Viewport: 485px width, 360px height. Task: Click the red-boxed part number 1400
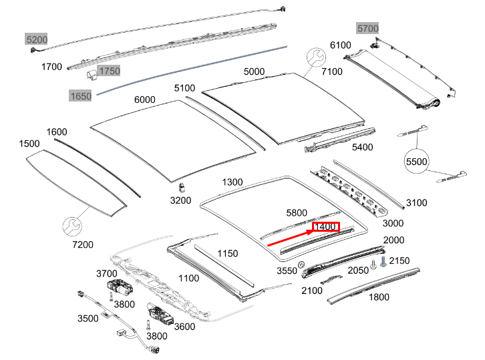[x=325, y=227]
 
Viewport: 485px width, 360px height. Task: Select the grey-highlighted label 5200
[x=37, y=39]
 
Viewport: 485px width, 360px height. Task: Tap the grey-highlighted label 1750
[x=109, y=71]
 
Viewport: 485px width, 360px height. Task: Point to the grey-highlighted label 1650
[x=81, y=96]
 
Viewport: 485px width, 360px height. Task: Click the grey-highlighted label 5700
[x=367, y=28]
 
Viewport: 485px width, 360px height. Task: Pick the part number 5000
[x=254, y=71]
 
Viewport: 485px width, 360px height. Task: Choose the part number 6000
[x=144, y=100]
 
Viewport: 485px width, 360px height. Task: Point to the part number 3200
[x=180, y=200]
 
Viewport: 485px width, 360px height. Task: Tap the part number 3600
[x=184, y=327]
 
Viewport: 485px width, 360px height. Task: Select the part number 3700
[x=107, y=273]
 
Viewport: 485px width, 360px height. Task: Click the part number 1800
[x=379, y=297]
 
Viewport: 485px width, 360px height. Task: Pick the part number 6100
[x=340, y=45]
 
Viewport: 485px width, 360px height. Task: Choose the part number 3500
[x=88, y=318]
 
